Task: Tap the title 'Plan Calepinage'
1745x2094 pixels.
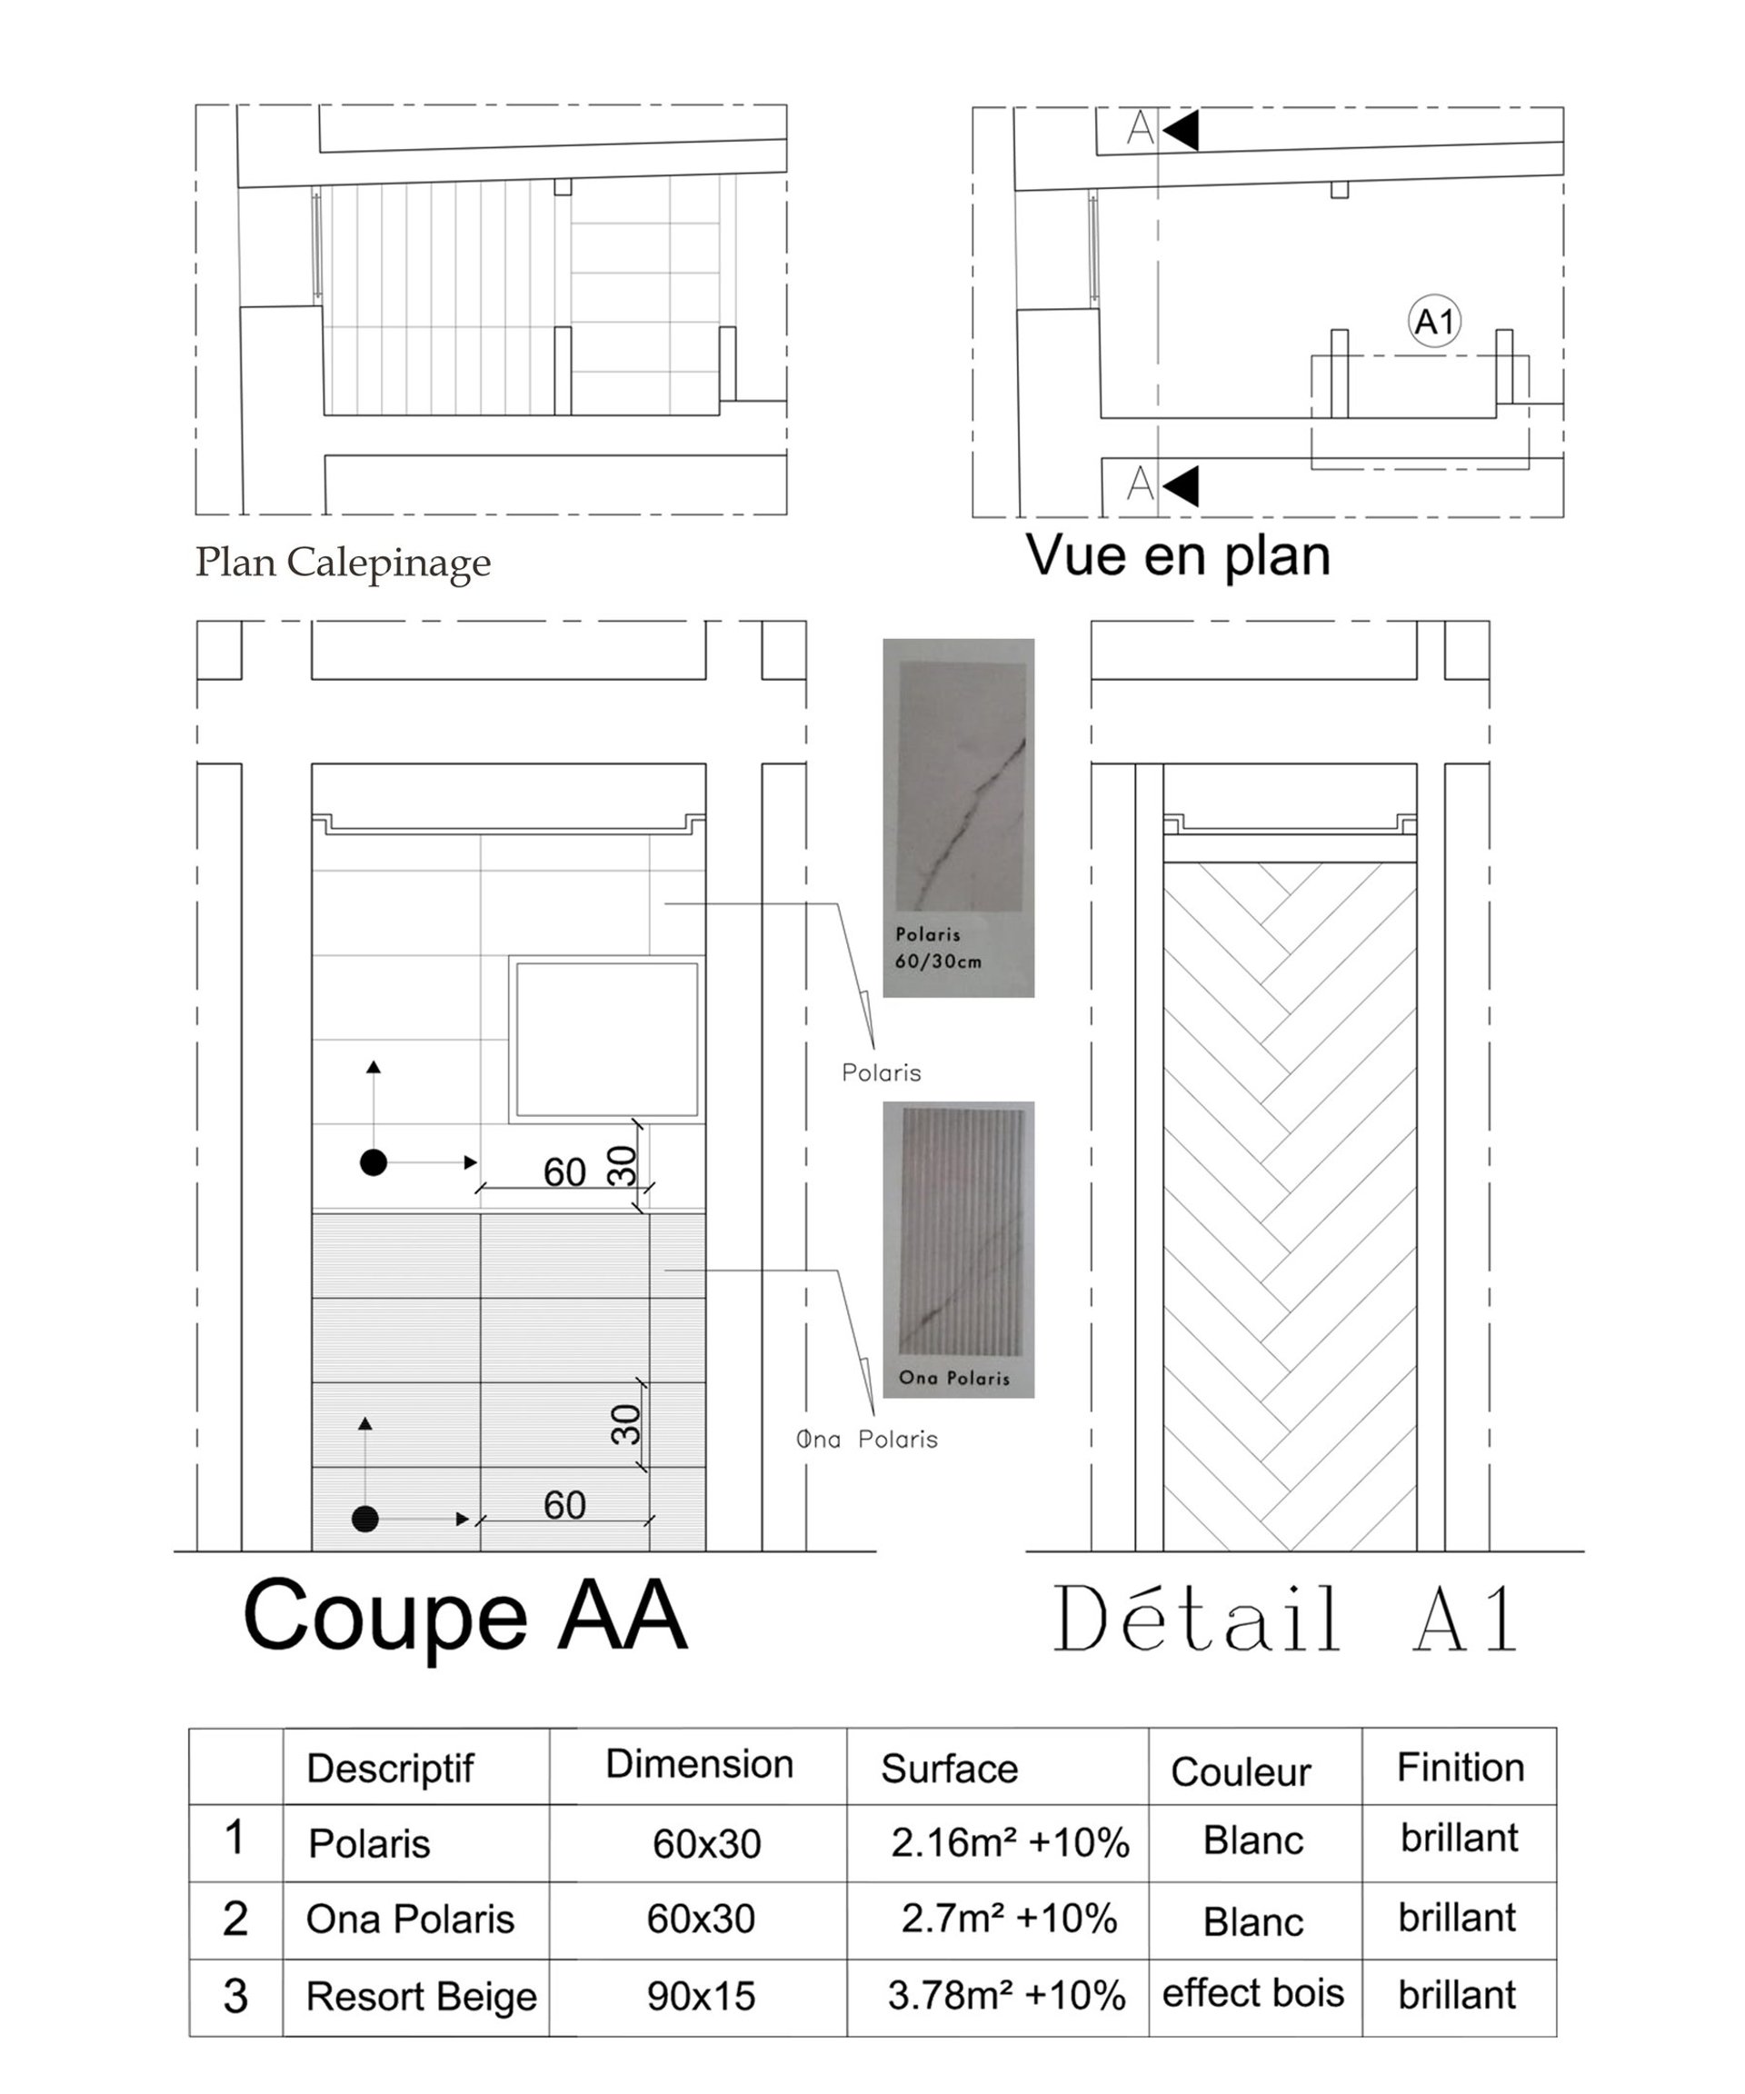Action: pos(342,563)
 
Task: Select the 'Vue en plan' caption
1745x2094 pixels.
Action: pos(1178,556)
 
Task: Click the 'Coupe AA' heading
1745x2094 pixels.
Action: pos(464,1616)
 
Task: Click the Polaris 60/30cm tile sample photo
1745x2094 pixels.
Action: pos(958,818)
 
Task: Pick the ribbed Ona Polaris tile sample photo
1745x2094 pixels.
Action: pos(958,1250)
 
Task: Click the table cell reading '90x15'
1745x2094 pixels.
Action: pos(701,1996)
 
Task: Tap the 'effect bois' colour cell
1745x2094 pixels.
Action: pos(1252,1993)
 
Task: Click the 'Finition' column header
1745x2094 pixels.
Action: pos(1460,1767)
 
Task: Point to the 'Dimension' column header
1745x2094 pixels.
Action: pos(699,1764)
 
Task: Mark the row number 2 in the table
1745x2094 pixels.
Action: pos(235,1919)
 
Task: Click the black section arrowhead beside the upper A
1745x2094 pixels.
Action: pos(1181,130)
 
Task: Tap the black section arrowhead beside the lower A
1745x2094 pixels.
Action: pos(1181,485)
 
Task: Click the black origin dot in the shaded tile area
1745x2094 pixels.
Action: pos(365,1519)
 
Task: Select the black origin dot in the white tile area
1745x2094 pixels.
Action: pos(373,1162)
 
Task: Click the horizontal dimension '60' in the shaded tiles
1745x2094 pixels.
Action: pos(564,1505)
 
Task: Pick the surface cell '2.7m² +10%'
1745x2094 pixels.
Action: pos(1008,1919)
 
